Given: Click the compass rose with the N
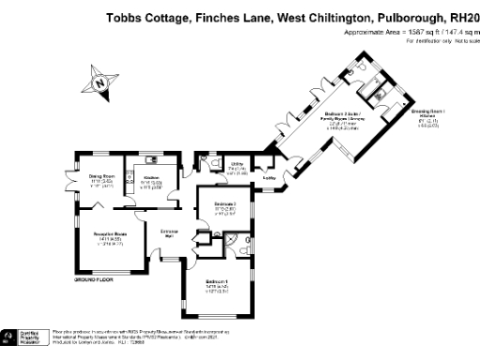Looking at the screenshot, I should (100, 83).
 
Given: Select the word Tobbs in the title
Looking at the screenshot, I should (125, 17).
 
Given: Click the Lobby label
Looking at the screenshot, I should (268, 175).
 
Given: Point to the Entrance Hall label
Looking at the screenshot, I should (170, 233).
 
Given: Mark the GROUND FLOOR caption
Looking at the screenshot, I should (94, 279).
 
